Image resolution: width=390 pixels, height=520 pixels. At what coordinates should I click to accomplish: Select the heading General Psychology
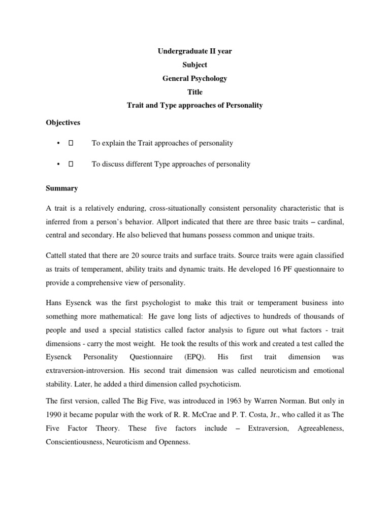point(194,78)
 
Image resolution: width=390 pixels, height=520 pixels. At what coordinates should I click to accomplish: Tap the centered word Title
point(195,92)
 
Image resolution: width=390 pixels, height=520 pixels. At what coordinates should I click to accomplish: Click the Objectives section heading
point(62,122)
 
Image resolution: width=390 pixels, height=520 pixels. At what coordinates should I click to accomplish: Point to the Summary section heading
point(61,188)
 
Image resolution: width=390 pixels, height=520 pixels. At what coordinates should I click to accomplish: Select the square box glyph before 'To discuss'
point(71,164)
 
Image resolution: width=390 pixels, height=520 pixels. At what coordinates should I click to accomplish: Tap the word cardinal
point(328,222)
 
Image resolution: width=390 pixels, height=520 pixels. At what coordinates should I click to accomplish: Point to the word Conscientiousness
point(76,442)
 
